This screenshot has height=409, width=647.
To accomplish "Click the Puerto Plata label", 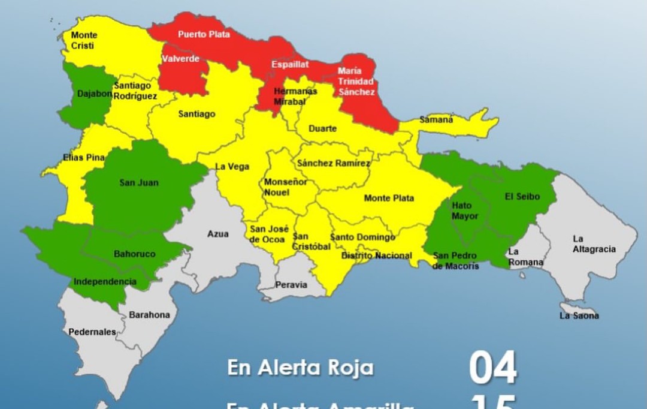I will [x=204, y=35].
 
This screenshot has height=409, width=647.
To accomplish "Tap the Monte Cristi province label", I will [x=83, y=40].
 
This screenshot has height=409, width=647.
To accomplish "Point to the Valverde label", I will [x=180, y=59].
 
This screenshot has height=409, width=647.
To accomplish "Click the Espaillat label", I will [x=290, y=64].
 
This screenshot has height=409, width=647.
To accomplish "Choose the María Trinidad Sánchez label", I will [x=356, y=82].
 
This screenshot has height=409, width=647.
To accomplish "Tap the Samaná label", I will [x=436, y=120].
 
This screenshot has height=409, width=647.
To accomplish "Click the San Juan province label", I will [x=139, y=182].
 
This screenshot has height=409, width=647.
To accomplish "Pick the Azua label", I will [x=217, y=234].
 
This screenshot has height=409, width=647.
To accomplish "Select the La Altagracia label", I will [x=594, y=244].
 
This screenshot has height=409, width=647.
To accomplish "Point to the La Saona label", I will [x=579, y=315].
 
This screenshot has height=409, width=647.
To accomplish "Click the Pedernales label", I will [x=92, y=332].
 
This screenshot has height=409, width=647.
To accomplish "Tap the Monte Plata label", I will [x=389, y=199].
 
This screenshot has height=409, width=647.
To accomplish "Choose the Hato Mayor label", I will [x=465, y=210].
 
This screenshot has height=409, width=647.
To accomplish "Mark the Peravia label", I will [x=291, y=285].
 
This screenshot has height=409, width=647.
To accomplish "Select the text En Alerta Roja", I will [x=300, y=368].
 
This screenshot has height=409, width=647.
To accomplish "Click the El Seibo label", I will [x=522, y=197].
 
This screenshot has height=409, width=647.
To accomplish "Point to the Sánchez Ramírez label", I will [x=333, y=163].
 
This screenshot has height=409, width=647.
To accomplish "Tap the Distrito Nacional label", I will [x=376, y=256].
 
